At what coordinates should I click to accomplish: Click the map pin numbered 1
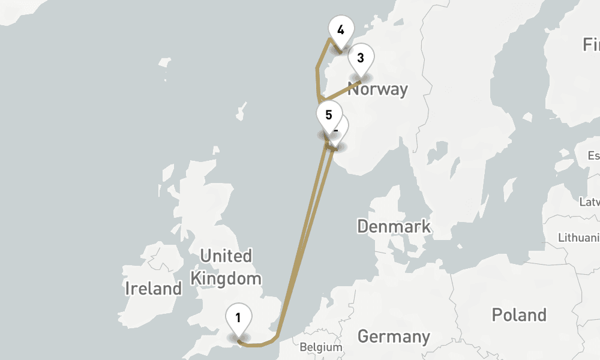tap(238, 319)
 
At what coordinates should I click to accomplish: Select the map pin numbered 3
tap(361, 59)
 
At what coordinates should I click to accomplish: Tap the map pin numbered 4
tap(341, 31)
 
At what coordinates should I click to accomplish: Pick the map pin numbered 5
tap(328, 116)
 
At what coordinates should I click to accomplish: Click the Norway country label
tap(377, 90)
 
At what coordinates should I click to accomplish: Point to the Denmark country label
tap(394, 226)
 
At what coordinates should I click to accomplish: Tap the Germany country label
tap(394, 337)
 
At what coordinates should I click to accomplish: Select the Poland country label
tap(518, 315)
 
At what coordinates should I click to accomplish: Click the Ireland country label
tap(153, 289)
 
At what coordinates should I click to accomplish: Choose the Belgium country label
tap(320, 347)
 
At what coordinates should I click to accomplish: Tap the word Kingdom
tap(226, 278)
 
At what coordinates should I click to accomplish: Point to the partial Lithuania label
tap(578, 238)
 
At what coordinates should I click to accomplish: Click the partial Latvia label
tap(589, 202)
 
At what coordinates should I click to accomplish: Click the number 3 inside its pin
tap(361, 58)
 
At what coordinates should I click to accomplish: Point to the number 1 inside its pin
tap(238, 317)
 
